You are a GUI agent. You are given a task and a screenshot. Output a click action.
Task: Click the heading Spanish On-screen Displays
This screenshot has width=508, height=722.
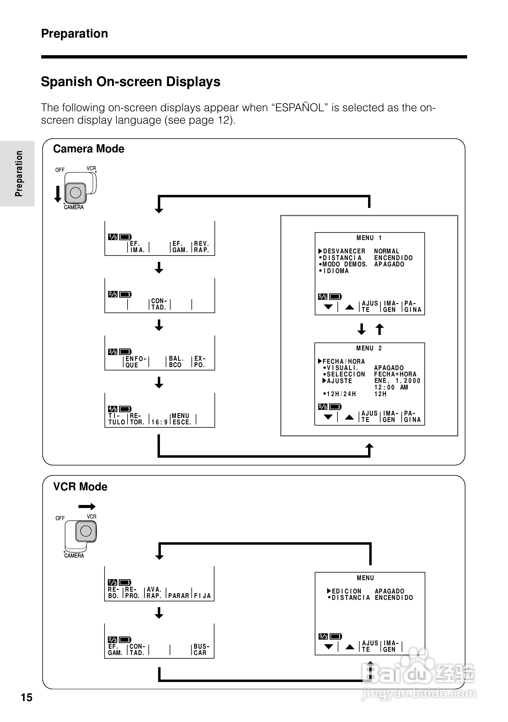pos(131,82)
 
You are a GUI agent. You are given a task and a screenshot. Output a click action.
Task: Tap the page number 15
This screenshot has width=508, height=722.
pos(26,697)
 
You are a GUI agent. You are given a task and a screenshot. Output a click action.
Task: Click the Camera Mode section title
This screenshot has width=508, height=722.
pos(89,149)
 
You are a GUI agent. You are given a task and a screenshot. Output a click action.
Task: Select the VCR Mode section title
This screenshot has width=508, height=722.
pos(80,486)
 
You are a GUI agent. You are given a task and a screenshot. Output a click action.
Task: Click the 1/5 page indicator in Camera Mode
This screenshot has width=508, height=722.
pos(113,237)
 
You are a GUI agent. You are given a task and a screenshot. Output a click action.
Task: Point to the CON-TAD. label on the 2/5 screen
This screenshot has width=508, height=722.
pos(159,304)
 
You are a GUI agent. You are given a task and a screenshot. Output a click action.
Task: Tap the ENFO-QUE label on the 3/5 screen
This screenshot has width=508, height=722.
pos(135,362)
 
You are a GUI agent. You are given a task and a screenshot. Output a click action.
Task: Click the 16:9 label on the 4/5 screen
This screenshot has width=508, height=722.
pos(159,422)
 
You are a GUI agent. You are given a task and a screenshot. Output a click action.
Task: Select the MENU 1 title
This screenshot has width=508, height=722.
pos(369,238)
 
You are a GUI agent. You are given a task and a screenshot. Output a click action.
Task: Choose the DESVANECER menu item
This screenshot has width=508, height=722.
pos(344,251)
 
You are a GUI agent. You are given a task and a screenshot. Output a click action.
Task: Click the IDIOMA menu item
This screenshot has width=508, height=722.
pos(336,271)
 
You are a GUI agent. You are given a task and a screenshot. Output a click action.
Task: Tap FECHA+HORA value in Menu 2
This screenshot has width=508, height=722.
pos(395,374)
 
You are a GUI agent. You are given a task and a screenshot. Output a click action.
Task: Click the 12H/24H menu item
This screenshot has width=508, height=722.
pos(341,394)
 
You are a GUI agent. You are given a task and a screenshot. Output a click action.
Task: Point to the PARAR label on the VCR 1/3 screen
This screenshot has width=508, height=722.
pos(178,596)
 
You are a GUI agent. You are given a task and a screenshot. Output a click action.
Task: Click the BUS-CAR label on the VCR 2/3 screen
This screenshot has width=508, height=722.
pos(201,649)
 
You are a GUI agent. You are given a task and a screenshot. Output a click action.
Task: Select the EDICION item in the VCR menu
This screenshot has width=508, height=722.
pos(347,591)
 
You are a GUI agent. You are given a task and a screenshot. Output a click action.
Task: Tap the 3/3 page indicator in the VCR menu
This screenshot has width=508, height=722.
pos(323,637)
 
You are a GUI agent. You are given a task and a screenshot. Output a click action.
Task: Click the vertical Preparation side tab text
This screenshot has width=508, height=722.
pos(19,174)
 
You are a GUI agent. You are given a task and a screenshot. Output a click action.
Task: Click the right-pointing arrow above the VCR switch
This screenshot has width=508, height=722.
pos(87,506)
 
